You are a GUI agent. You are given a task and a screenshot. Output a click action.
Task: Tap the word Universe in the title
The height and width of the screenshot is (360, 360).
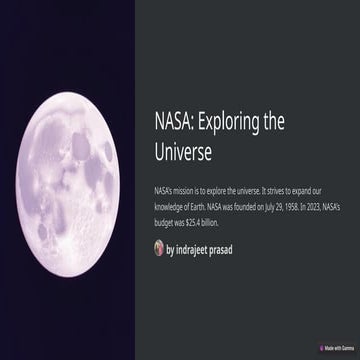[187, 151]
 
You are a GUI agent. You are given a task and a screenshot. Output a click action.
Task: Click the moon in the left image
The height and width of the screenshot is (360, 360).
[70, 180]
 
